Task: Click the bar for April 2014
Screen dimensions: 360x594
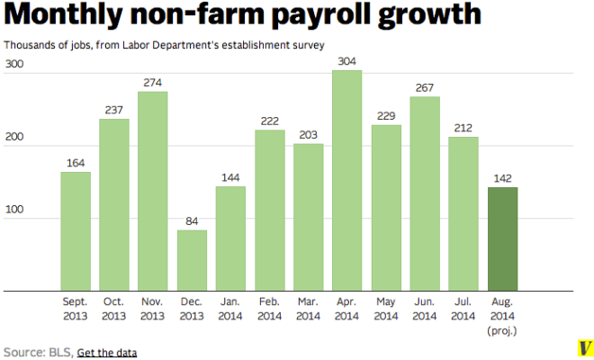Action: tap(347, 181)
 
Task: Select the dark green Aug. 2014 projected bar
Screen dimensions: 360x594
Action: tap(502, 239)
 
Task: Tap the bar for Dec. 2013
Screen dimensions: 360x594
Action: tap(192, 260)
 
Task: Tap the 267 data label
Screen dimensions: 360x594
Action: tap(425, 88)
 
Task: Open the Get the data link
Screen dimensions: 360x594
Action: tap(107, 352)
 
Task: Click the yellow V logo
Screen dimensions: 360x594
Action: tap(584, 347)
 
